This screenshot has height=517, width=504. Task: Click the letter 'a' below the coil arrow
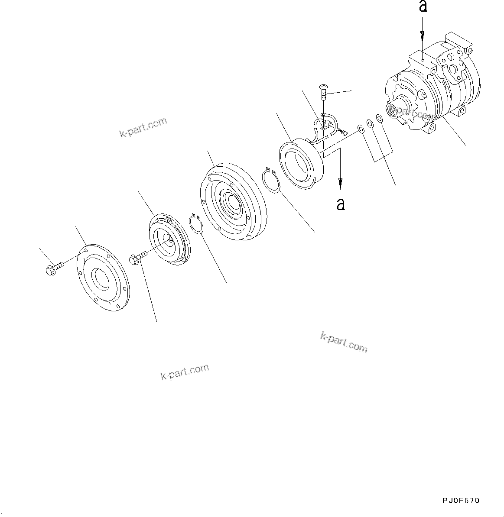coord(341,204)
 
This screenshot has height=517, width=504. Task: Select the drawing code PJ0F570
coord(461,501)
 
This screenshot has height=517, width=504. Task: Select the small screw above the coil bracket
coord(323,92)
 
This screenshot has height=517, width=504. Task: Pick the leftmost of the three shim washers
coord(361,129)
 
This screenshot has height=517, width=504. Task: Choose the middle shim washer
coord(370,124)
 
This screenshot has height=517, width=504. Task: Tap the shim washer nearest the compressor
coord(379,118)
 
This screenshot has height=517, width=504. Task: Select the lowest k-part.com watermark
coord(185,372)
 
